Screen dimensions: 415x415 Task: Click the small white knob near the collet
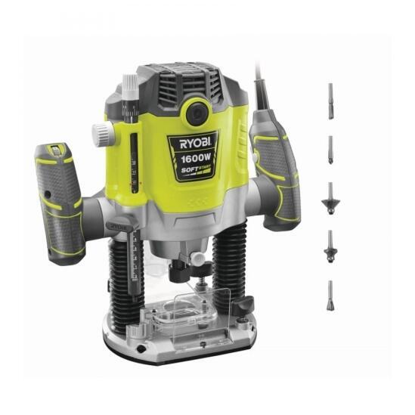click(x=199, y=259)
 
